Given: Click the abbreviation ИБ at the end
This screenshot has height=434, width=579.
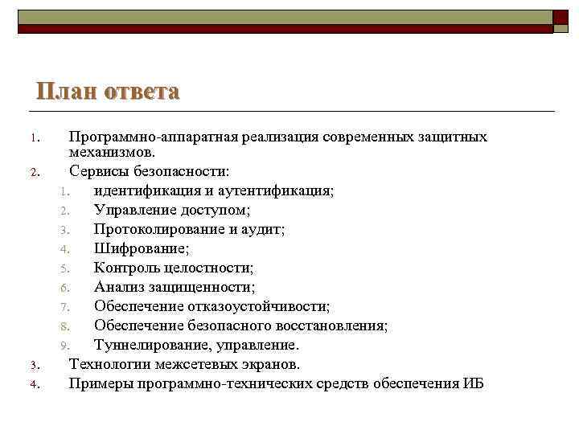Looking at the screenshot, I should click(x=474, y=383).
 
